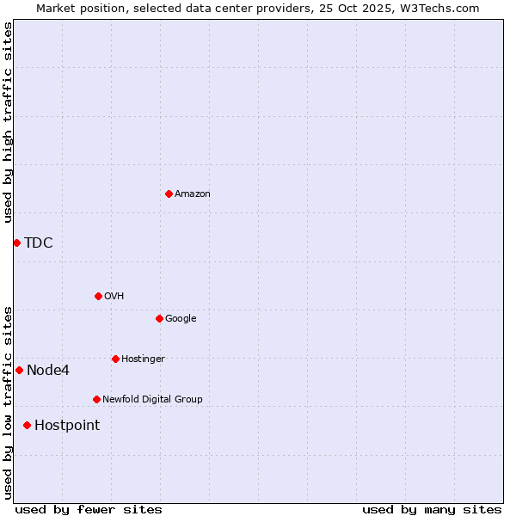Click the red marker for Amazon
pyautogui.click(x=169, y=193)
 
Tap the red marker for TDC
pyautogui.click(x=16, y=243)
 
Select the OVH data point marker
pyautogui.click(x=98, y=296)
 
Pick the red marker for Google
pyautogui.click(x=159, y=318)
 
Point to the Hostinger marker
pyautogui.click(x=115, y=359)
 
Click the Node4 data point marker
pyautogui.click(x=19, y=370)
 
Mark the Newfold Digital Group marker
pyautogui.click(x=96, y=399)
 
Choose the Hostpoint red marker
pyautogui.click(x=27, y=425)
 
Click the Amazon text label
pyautogui.click(x=193, y=194)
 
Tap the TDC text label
pyautogui.click(x=39, y=243)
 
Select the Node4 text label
pyautogui.click(x=48, y=371)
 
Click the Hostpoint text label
pyautogui.click(x=67, y=426)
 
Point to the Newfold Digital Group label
pyautogui.click(x=152, y=399)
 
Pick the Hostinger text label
pyautogui.click(x=143, y=359)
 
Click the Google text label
pyautogui.click(x=181, y=318)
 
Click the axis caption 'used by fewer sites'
pyautogui.click(x=89, y=509)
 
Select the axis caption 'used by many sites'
pyautogui.click(x=432, y=509)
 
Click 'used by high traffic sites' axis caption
pyautogui.click(x=8, y=122)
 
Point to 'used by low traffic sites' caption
pyautogui.click(x=8, y=402)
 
